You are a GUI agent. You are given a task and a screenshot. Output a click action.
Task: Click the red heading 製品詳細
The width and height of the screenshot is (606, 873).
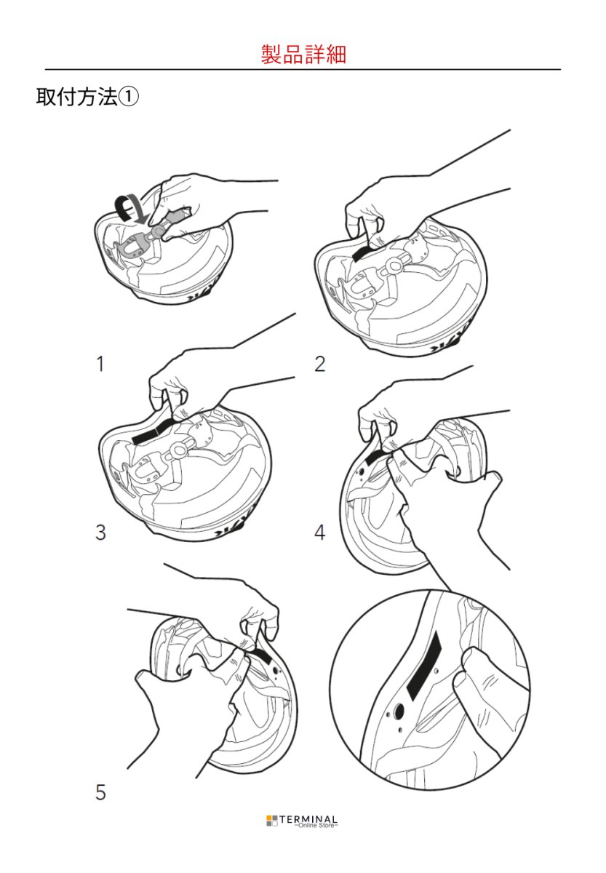(303, 54)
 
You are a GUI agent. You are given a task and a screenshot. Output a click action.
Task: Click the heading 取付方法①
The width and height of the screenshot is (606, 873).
(87, 97)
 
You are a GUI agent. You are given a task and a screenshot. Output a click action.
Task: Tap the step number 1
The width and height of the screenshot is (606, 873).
(100, 364)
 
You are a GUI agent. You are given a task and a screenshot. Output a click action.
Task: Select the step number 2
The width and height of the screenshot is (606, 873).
(319, 364)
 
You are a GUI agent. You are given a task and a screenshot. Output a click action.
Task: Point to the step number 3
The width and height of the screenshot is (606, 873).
(100, 533)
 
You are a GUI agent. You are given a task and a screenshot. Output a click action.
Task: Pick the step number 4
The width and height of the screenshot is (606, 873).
(319, 533)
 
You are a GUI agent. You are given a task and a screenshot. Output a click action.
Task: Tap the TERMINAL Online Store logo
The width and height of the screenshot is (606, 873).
(302, 821)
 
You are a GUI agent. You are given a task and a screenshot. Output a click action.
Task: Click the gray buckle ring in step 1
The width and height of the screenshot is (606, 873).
(157, 231)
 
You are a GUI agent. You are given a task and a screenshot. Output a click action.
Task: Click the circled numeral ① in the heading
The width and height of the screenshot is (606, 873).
(128, 97)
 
